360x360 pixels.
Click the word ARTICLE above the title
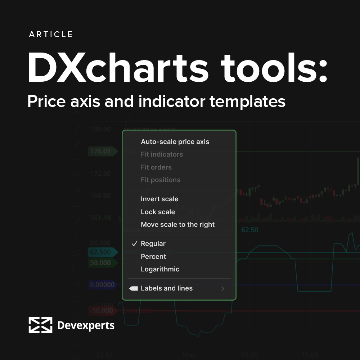(51, 35)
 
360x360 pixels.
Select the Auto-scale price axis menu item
(175, 142)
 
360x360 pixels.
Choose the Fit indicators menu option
(162, 154)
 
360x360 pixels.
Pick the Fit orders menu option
(156, 167)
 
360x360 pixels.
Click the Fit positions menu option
(161, 180)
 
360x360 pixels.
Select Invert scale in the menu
(159, 199)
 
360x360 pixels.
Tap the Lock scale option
(158, 212)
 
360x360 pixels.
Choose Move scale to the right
(177, 225)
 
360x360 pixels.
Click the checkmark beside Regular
(134, 244)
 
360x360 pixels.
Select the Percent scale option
(153, 257)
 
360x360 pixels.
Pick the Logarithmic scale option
(160, 269)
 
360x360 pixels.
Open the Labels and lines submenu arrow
(223, 289)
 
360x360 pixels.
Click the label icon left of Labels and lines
(134, 288)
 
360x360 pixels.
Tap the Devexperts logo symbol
(40, 325)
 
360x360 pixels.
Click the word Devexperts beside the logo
(86, 326)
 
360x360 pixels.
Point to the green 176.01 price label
(101, 151)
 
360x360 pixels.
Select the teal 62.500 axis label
(101, 252)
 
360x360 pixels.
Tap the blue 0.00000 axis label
(102, 285)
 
